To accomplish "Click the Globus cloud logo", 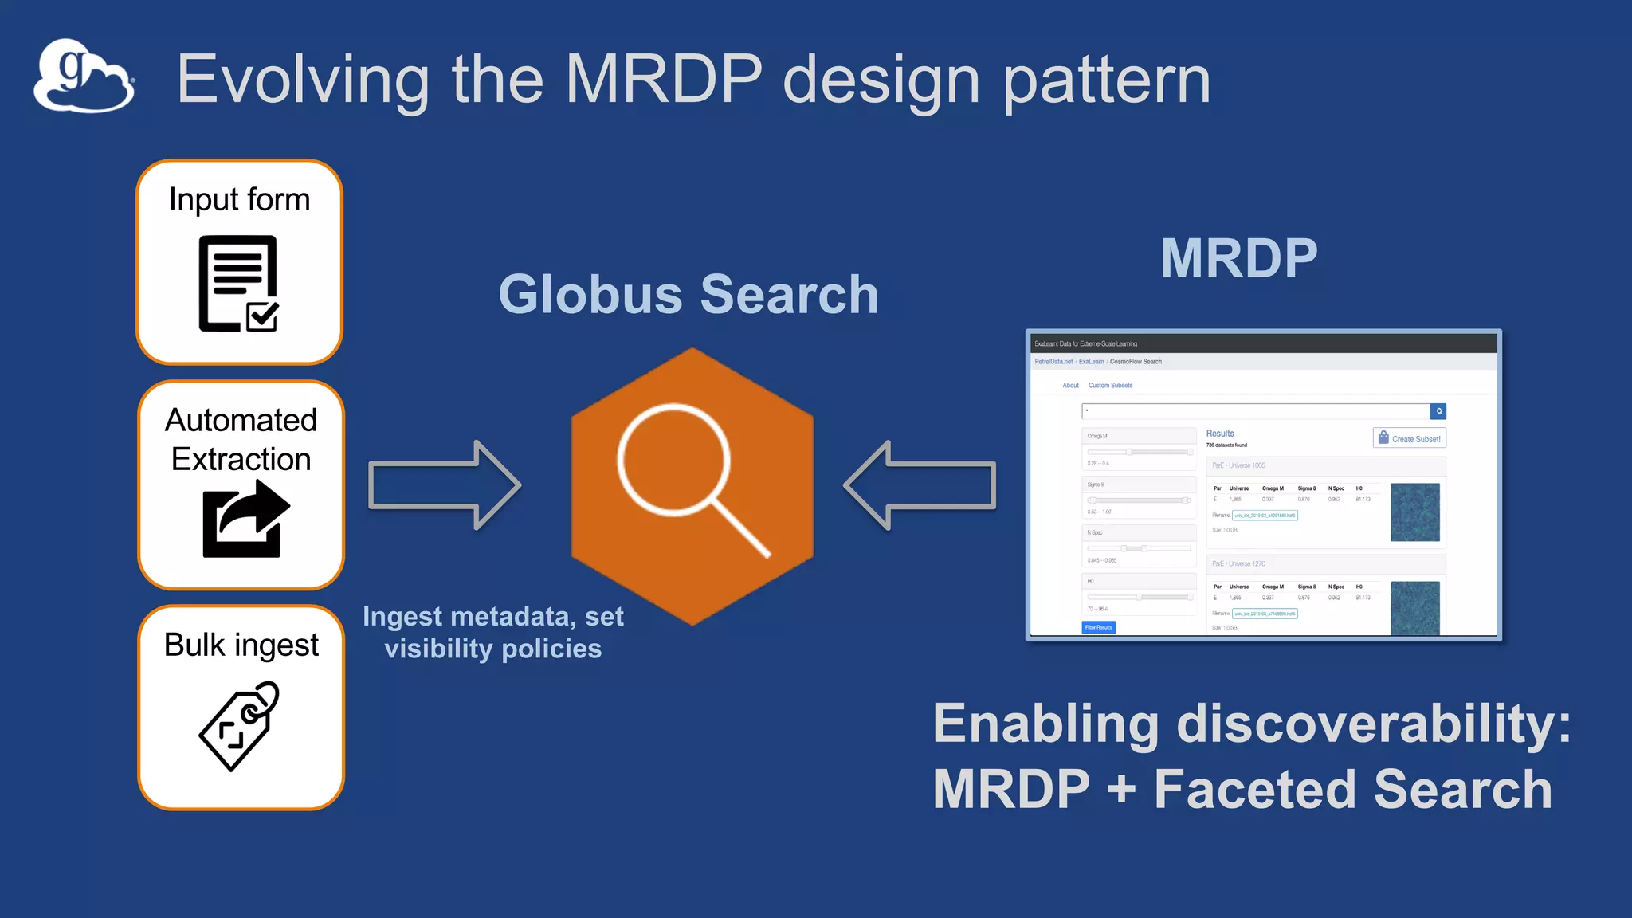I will click(x=84, y=77).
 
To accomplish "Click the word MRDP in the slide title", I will click(x=663, y=79).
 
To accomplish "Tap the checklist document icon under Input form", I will click(x=238, y=283).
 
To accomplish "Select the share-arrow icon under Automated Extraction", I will click(x=245, y=519).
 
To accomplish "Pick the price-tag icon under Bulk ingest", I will click(x=239, y=725).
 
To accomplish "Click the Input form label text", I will click(x=239, y=199).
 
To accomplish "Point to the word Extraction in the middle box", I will click(x=241, y=459).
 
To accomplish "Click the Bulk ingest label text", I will click(x=241, y=645).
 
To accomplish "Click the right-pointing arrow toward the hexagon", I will click(x=444, y=484).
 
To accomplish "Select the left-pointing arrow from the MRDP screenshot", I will click(x=920, y=484).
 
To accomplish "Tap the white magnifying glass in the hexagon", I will click(x=685, y=474).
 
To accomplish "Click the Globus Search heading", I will click(x=688, y=294).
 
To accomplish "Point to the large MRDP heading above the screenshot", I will click(x=1238, y=258).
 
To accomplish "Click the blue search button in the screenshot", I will click(x=1438, y=411).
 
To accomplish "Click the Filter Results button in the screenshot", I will click(x=1098, y=627).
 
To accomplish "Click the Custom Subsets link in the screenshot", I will click(x=1110, y=386).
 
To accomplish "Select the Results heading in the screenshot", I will click(x=1219, y=433).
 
